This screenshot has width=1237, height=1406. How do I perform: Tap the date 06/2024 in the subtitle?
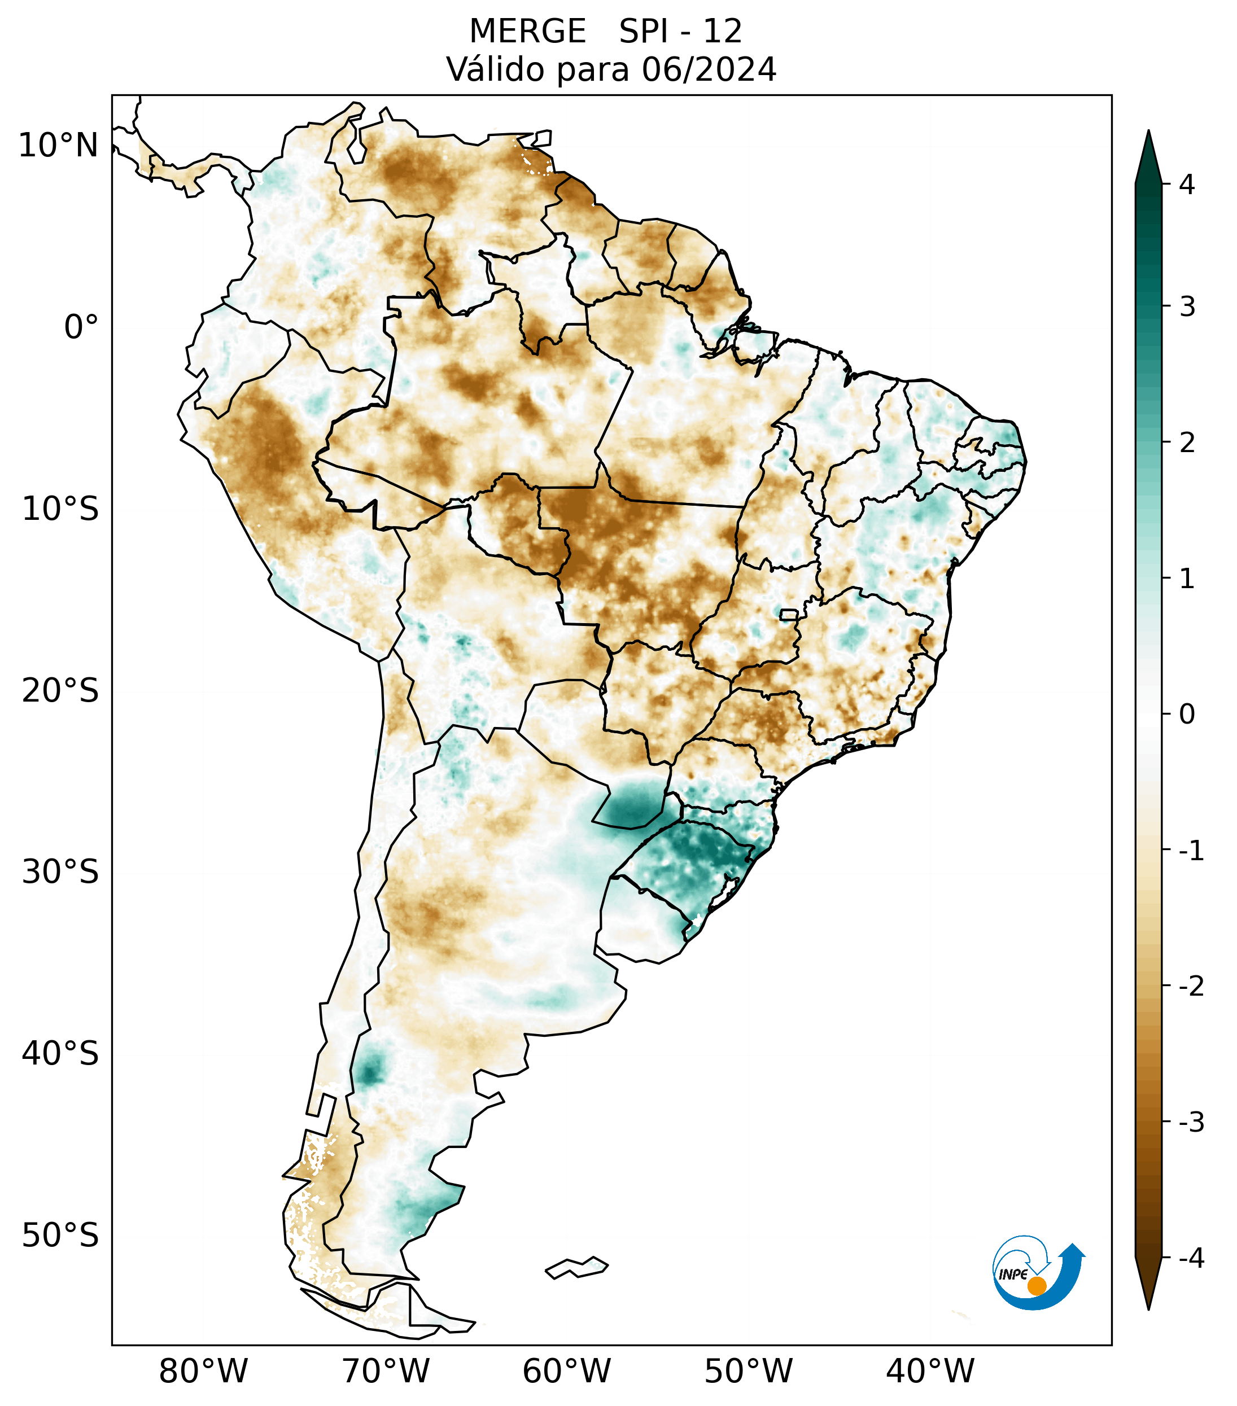(709, 69)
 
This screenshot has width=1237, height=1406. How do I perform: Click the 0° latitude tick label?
(81, 327)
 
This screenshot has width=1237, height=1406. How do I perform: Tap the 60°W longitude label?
(566, 1371)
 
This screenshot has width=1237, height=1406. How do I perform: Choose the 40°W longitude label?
(930, 1371)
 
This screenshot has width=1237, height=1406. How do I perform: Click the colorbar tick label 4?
(1187, 185)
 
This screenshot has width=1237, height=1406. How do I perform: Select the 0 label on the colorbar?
(1187, 715)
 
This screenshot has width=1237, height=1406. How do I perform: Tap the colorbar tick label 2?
(1187, 443)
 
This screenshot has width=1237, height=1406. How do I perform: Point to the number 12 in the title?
(723, 32)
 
